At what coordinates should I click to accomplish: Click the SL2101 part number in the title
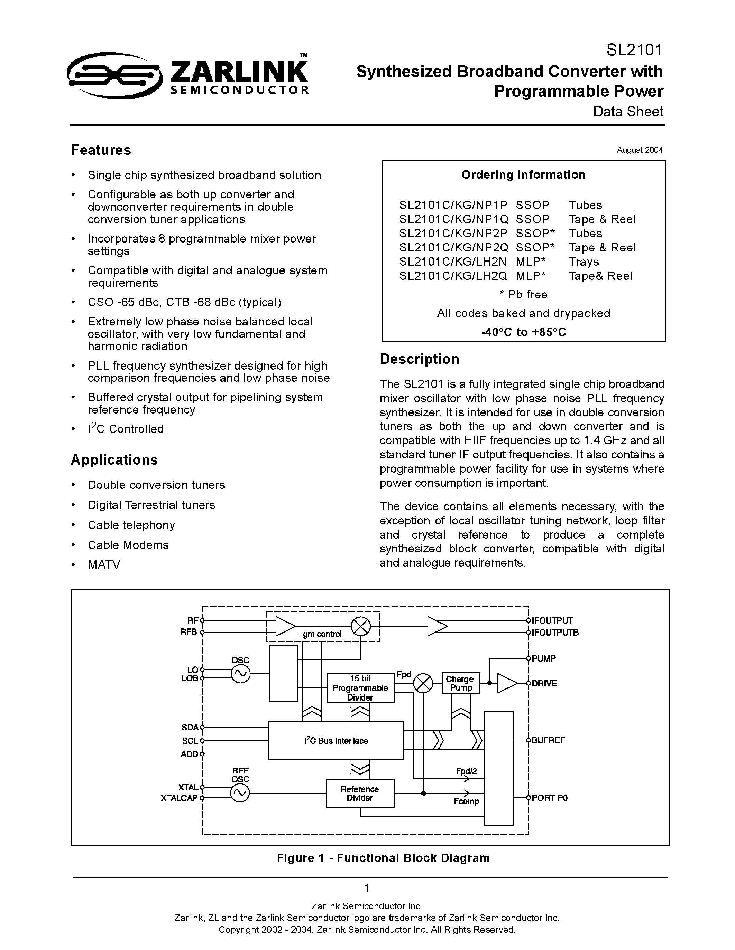pos(634,50)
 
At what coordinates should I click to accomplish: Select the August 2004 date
pos(639,150)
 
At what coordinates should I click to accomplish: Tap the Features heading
pos(101,150)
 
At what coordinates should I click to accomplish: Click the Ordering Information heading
pos(523,175)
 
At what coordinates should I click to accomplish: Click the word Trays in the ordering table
pos(584,262)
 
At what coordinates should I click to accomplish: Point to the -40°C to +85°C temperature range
pos(523,332)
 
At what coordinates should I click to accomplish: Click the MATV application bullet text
pos(104,564)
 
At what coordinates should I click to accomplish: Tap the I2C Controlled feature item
pos(126,429)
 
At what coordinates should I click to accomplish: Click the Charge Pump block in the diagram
pos(460,683)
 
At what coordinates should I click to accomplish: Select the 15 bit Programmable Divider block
pos(360,687)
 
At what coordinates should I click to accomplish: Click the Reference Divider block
pos(360,793)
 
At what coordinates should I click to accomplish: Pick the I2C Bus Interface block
pos(336,740)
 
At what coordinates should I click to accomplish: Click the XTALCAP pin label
pos(179,798)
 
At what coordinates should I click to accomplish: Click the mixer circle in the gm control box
pos(360,627)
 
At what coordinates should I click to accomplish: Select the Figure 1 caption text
pos(383,858)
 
